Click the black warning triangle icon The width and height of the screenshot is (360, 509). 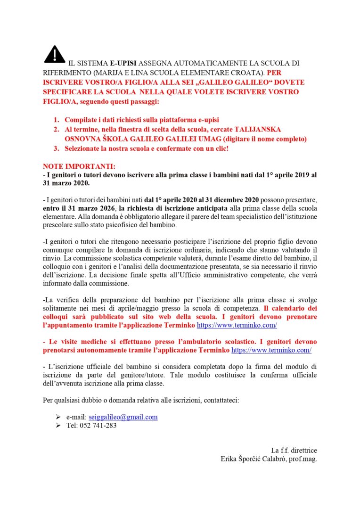(55, 54)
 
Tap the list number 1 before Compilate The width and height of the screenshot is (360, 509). (56, 120)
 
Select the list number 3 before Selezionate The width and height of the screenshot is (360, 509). (56, 148)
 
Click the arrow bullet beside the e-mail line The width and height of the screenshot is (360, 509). (58, 417)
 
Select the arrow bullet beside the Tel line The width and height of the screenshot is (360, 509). (58, 426)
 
